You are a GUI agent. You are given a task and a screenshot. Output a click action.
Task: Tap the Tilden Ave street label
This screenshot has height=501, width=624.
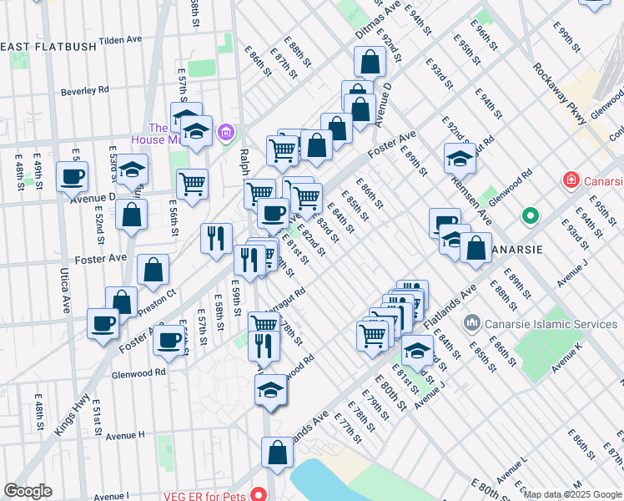122,40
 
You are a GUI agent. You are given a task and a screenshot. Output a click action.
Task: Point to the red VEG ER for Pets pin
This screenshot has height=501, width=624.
259,494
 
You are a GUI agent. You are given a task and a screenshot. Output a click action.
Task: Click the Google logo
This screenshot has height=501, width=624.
28,491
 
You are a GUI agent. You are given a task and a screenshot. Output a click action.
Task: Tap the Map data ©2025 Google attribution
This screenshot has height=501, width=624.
573,494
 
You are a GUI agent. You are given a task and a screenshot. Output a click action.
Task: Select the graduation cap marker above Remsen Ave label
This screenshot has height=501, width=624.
460,158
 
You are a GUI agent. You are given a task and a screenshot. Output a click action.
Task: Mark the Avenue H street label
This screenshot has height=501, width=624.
125,435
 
